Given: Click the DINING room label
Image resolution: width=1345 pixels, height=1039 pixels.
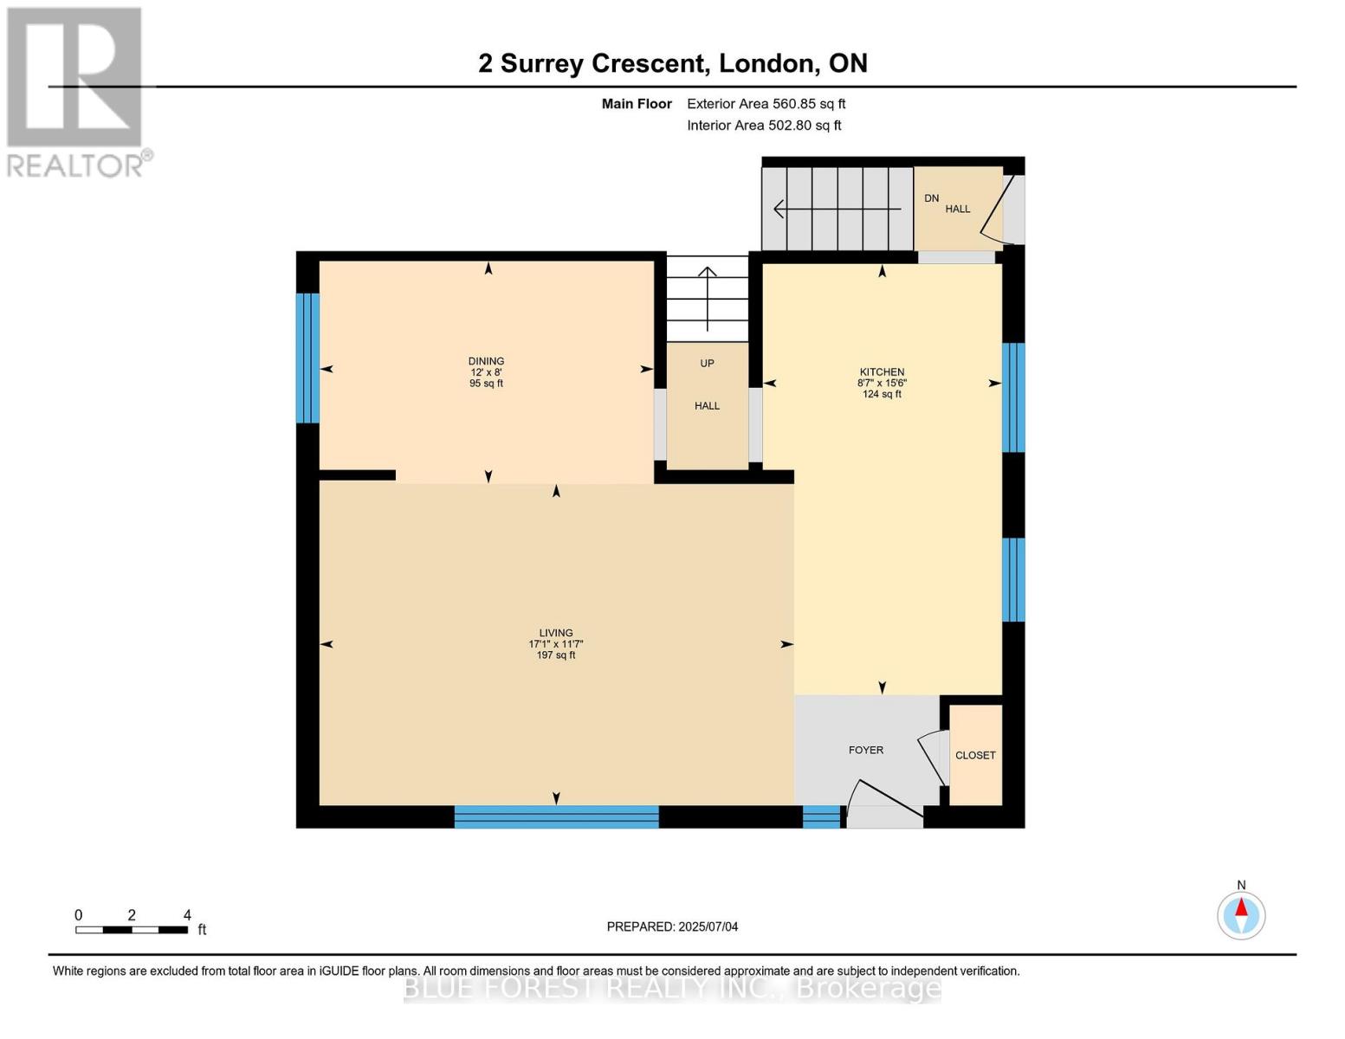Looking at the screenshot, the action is point(486,361).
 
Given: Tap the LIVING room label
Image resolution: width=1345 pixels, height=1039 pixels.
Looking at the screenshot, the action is point(556,632).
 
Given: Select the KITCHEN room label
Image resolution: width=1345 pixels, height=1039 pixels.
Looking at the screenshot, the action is point(882,372).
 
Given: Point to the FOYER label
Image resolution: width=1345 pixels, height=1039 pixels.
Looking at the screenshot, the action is point(866,750).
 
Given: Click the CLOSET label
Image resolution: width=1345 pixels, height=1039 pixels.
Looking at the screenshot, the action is point(975,755).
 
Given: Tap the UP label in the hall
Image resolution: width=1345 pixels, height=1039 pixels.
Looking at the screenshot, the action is point(707,364).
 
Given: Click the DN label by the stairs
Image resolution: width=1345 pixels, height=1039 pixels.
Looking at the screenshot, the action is point(932,198).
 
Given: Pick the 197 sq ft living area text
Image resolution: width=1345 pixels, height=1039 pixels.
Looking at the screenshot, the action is point(556,655).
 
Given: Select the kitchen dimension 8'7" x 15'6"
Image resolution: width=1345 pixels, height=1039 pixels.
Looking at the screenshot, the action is point(882,383).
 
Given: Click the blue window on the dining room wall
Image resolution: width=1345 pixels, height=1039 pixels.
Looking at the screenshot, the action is point(307,358).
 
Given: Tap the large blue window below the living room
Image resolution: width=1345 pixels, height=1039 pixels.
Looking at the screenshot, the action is point(556,816).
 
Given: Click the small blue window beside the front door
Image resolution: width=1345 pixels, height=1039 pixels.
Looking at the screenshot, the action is point(821,816).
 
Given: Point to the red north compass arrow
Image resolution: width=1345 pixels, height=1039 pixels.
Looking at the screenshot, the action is point(1241,907).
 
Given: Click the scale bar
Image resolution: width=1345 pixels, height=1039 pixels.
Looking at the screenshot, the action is point(132,929).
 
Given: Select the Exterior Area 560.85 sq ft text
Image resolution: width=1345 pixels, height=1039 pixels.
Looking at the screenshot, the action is point(766,104).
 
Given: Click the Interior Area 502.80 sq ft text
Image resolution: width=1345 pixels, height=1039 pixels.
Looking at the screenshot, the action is point(765,126).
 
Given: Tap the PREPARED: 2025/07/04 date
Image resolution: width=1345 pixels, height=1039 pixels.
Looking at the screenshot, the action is point(672,926).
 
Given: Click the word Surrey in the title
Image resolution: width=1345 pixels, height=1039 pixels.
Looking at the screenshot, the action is point(541,64).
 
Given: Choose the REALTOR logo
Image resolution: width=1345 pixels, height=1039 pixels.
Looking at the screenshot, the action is point(77,93).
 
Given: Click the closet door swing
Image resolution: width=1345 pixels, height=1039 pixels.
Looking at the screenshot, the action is point(932,758).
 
